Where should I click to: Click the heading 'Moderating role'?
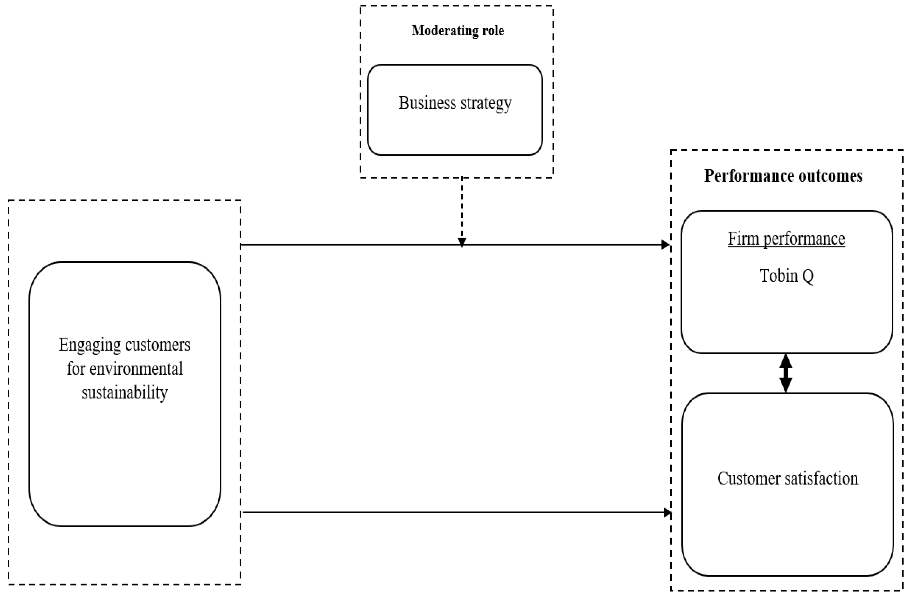[457, 31]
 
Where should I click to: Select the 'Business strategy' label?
[455, 103]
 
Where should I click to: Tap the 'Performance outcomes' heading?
[783, 176]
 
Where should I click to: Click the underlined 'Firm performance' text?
[786, 239]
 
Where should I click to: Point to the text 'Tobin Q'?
[786, 276]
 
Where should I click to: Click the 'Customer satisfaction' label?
[787, 479]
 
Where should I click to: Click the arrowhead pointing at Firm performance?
[666, 245]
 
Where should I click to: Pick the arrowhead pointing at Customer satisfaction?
[667, 512]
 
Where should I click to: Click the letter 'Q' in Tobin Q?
[807, 277]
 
